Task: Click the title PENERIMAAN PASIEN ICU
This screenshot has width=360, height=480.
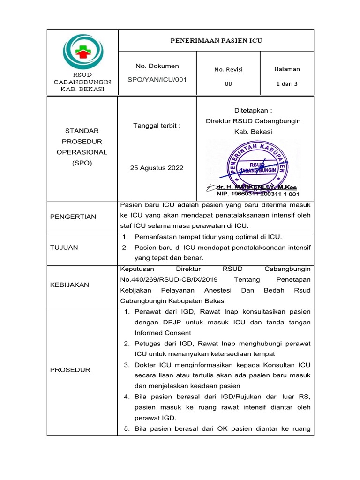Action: tap(216, 41)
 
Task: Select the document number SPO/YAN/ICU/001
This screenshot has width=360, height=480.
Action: tap(157, 79)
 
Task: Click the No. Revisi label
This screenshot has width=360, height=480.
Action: tap(229, 69)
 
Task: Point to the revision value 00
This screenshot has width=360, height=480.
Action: tap(229, 84)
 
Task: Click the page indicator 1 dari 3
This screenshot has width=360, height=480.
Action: tap(287, 84)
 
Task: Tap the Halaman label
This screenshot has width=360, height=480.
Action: tap(287, 69)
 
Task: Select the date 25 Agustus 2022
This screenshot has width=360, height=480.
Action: tap(157, 168)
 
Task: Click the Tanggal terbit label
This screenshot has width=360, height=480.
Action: tap(157, 126)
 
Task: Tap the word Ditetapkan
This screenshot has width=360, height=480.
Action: tap(253, 110)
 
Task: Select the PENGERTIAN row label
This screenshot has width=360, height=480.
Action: tap(73, 217)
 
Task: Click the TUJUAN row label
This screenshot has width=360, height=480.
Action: tap(64, 247)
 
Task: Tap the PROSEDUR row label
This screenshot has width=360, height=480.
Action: tap(70, 370)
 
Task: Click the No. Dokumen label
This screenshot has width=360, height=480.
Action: tap(157, 66)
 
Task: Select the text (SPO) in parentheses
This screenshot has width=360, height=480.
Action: tap(82, 163)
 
